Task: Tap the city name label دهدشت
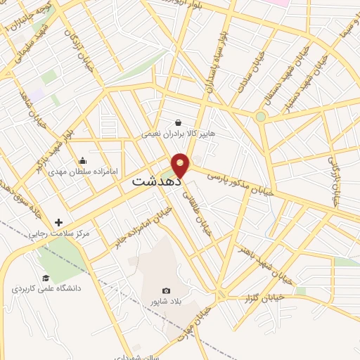point(156,181)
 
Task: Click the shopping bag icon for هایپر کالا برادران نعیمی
point(178,122)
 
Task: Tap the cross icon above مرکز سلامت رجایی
point(58,223)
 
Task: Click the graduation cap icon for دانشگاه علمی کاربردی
point(46,278)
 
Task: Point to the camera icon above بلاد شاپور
point(166,290)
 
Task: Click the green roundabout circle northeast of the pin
point(261,116)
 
